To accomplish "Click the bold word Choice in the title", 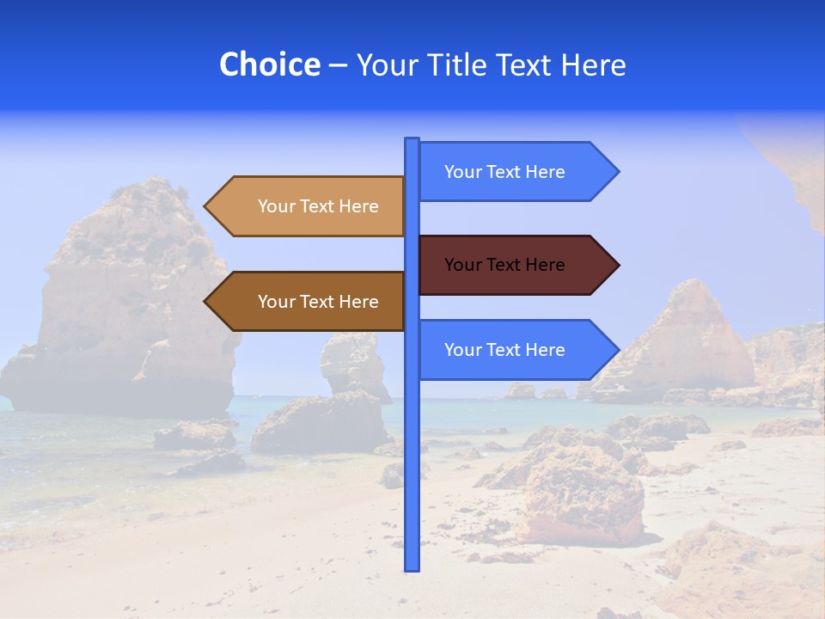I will tap(269, 64).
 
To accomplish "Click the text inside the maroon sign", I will tap(504, 265).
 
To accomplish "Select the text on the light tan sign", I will tap(318, 206).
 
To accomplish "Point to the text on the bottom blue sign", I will tap(504, 350).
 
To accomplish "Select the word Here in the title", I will tap(594, 64).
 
